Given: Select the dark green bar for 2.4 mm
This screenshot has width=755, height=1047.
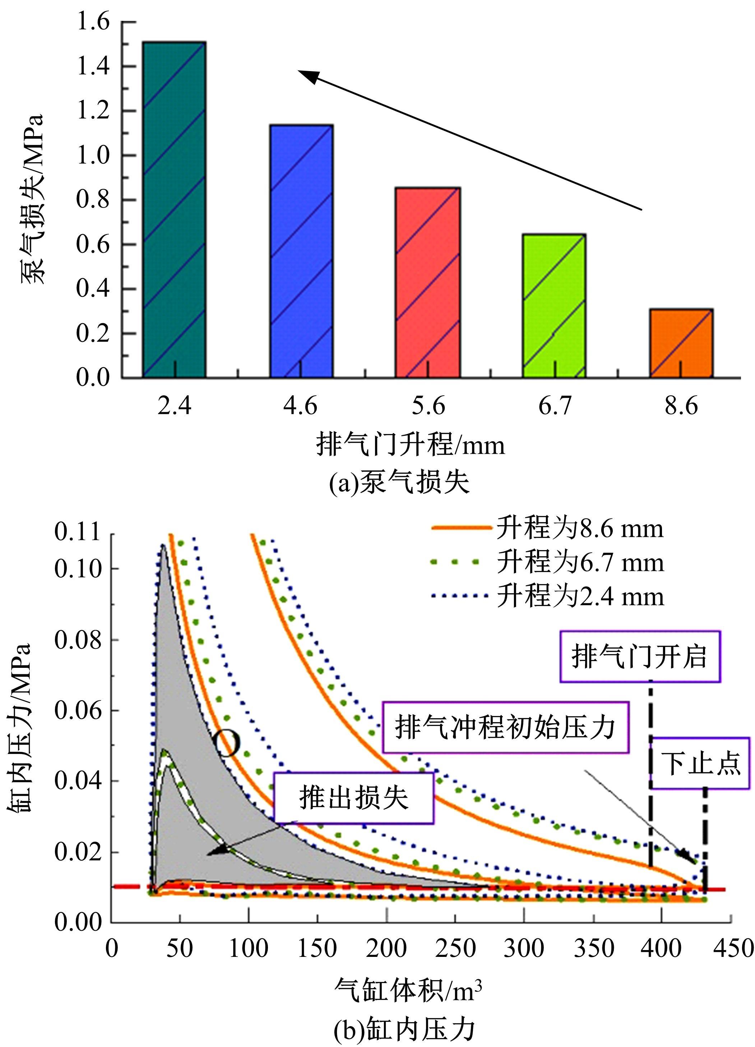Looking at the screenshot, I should coord(174,210).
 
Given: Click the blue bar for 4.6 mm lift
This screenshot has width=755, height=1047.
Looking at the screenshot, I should coord(302,252).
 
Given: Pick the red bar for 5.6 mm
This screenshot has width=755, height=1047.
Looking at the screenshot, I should coord(427,283).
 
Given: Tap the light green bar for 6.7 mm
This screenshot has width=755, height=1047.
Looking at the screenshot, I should coord(554,306).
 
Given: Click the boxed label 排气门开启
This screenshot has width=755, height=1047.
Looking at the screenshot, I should coord(640,656).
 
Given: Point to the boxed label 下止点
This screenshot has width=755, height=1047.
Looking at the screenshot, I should coord(700,763).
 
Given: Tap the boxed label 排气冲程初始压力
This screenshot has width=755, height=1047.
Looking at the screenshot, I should coord(505,727).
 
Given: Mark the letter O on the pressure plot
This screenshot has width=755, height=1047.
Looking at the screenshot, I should coord(227,744).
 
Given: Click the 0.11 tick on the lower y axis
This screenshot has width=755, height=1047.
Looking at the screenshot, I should coord(78,532).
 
